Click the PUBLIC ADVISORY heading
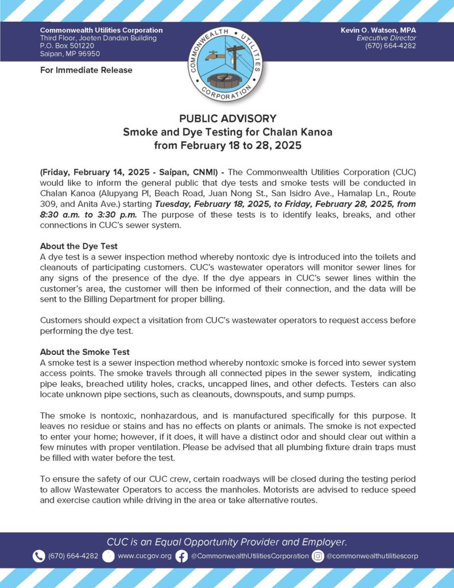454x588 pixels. coord(228,119)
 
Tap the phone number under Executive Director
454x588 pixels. coord(390,46)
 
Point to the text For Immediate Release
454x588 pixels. coord(86,70)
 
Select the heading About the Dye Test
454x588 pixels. coord(79,246)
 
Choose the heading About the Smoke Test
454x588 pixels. coord(85,352)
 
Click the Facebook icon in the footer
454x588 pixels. coord(181,556)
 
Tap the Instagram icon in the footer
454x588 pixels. coord(319,556)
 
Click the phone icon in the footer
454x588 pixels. coord(38,556)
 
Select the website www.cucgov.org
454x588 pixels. coord(144,556)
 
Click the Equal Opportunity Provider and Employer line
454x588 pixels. coord(227,541)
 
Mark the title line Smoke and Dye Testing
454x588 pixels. coord(228,132)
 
